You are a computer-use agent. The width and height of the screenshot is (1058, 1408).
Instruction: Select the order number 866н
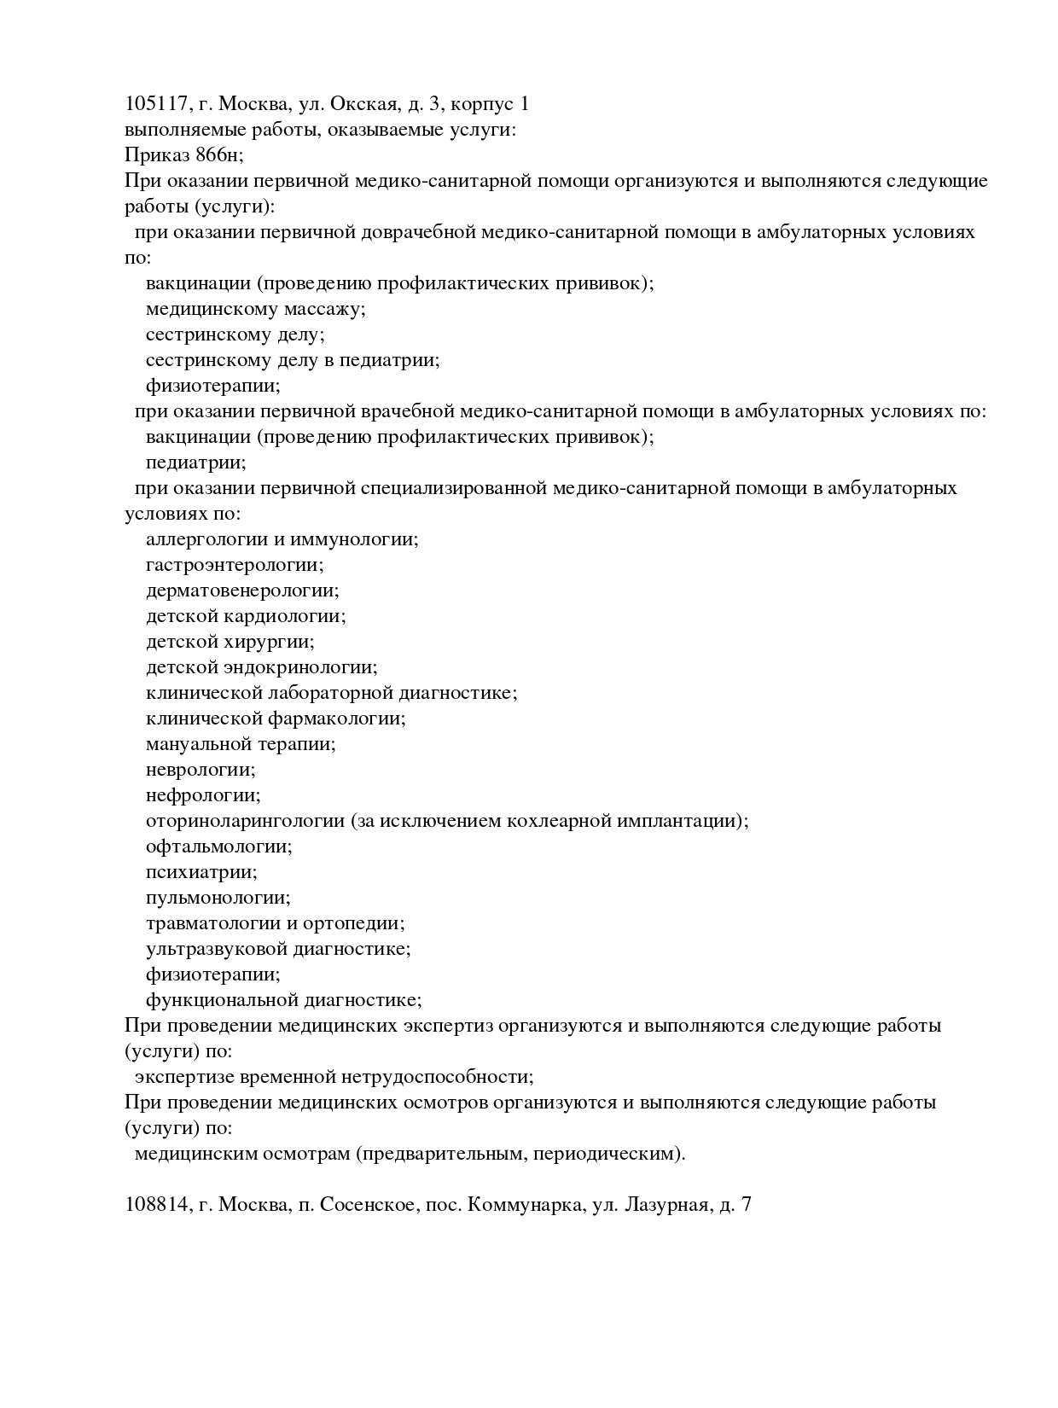pos(218,155)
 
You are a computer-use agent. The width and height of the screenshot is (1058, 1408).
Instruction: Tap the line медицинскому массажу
pos(255,309)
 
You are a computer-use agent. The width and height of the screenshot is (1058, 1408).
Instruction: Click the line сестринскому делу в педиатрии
pos(293,360)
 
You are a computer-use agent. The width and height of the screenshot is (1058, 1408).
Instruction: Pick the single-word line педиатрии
pos(195,463)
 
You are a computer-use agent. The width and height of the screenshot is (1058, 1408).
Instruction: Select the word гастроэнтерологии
pos(235,565)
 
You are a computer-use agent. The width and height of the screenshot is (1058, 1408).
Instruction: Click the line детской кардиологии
pos(246,616)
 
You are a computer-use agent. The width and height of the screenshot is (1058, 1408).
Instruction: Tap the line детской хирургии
pos(230,642)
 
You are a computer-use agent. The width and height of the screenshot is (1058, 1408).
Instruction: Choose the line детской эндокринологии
pos(261,667)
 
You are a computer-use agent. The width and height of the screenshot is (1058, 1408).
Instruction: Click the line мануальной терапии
pos(241,744)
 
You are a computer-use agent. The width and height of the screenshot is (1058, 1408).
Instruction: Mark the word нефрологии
pos(202,795)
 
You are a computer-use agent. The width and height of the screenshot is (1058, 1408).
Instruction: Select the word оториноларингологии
pos(245,821)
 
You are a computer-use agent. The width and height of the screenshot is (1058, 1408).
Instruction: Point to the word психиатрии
pos(201,872)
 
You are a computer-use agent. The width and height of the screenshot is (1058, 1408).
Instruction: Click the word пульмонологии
pos(218,898)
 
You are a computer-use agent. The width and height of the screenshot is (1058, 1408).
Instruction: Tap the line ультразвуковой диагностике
pos(278,949)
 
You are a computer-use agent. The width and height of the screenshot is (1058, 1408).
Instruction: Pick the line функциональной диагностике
pos(283,1000)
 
